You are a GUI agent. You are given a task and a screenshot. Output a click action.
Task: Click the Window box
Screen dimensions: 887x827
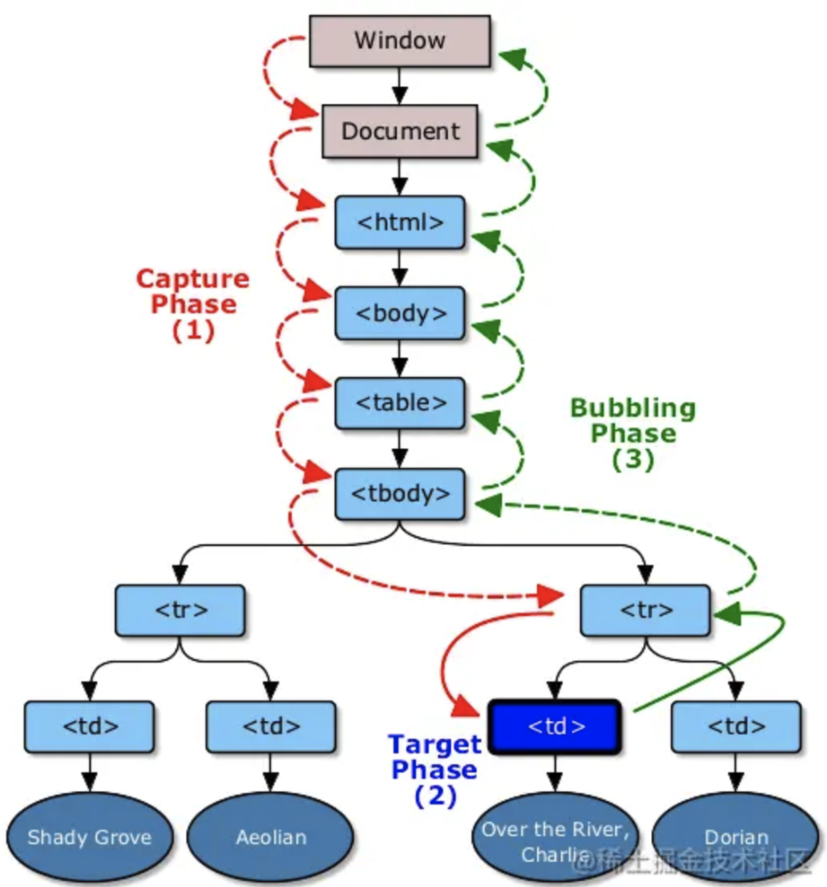(x=399, y=40)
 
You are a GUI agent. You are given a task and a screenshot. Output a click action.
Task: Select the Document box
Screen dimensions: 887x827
(x=399, y=131)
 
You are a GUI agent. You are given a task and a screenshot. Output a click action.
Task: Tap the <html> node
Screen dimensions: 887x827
(x=399, y=222)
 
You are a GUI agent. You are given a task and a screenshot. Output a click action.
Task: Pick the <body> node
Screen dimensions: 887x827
(x=399, y=313)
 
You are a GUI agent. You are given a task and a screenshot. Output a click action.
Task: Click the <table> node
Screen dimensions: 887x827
(x=399, y=402)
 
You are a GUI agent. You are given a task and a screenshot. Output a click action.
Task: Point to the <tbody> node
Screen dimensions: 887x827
(x=399, y=493)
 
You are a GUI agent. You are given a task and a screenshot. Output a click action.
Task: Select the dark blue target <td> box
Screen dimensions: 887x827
(x=555, y=727)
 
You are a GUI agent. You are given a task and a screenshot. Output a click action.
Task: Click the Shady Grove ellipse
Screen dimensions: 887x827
(x=89, y=837)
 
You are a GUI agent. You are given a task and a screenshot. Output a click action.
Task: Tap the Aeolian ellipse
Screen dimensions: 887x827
(x=271, y=837)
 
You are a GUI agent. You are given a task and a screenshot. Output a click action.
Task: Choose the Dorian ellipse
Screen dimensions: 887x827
(x=736, y=837)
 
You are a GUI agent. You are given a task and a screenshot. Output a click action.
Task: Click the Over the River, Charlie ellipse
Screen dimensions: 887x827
(x=554, y=839)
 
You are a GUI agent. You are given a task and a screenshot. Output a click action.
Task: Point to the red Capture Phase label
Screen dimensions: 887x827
(x=193, y=304)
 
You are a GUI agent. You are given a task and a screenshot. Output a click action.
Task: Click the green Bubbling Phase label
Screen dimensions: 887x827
(x=633, y=433)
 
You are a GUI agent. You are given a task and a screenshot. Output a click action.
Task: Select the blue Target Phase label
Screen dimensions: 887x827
(x=435, y=770)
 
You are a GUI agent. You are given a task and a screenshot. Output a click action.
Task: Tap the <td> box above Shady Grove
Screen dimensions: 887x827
(x=89, y=727)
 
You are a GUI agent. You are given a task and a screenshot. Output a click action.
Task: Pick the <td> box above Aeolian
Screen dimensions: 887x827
(x=271, y=727)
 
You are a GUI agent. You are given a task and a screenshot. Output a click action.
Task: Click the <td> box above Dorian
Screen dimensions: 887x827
(x=736, y=727)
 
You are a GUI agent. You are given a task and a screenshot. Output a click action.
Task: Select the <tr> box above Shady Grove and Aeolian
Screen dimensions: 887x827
(x=180, y=610)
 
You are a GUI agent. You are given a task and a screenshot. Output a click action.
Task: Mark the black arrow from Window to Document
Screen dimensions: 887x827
(x=399, y=85)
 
